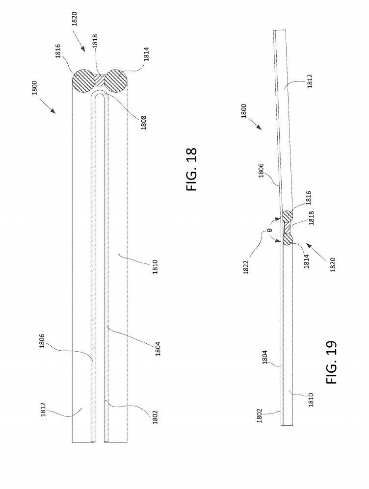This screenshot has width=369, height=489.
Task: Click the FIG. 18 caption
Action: (x=192, y=169)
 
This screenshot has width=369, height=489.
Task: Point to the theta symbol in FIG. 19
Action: (x=270, y=230)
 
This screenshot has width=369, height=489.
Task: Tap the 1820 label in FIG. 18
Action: (x=75, y=19)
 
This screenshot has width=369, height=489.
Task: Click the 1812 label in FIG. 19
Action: (x=311, y=81)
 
